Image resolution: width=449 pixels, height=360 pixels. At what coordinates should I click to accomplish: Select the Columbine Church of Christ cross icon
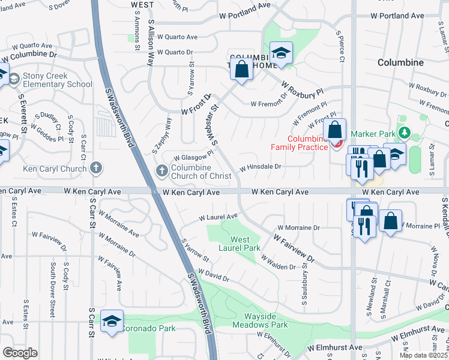[x=161, y=172]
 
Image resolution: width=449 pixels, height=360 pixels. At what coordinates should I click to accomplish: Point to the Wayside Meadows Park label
[x=265, y=320]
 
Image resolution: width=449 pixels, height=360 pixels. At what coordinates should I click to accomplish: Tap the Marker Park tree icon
[x=405, y=133]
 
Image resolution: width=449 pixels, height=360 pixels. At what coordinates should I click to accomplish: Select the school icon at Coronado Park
[x=112, y=323]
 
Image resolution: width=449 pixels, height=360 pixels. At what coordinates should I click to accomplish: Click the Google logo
[x=20, y=352]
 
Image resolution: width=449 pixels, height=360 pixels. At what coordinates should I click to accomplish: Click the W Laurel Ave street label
[x=218, y=217]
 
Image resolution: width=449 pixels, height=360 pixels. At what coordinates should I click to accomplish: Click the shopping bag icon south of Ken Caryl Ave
[x=391, y=221]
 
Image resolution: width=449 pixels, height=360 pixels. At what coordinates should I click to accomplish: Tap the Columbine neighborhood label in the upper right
[x=401, y=62]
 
